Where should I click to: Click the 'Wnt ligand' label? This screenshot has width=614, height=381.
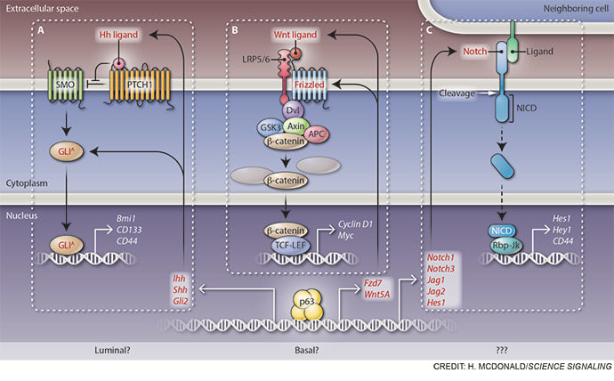tap(295, 34)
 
